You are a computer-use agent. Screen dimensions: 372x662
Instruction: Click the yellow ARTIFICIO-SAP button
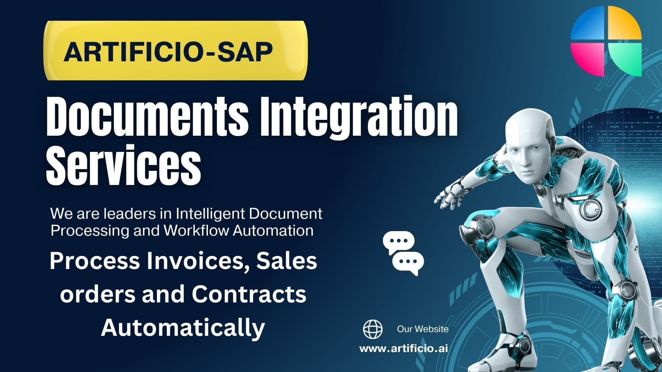pos(175,51)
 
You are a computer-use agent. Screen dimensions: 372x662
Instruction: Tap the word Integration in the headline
pos(359,117)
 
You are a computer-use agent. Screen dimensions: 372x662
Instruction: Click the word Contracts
pos(249,294)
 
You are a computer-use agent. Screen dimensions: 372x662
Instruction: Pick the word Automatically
pos(183,327)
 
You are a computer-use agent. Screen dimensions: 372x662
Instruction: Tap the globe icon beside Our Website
pos(373,329)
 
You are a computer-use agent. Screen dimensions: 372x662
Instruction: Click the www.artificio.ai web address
pos(403,349)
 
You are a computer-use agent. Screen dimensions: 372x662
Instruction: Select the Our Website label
pos(423,329)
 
